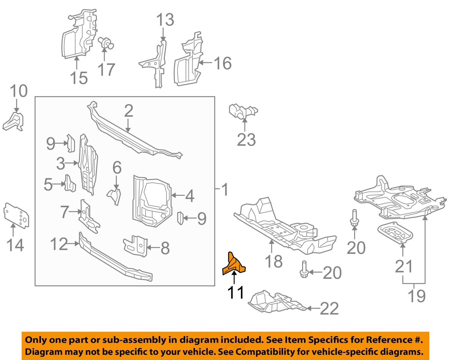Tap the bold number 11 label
click(236, 292)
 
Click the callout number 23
click(246, 140)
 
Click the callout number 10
click(19, 91)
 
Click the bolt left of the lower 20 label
click(303, 269)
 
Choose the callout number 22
click(329, 309)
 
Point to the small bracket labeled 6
click(114, 195)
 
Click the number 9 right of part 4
click(202, 218)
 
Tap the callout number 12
click(59, 244)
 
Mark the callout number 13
click(165, 20)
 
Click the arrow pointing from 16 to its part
click(206, 63)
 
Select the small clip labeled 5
click(70, 183)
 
